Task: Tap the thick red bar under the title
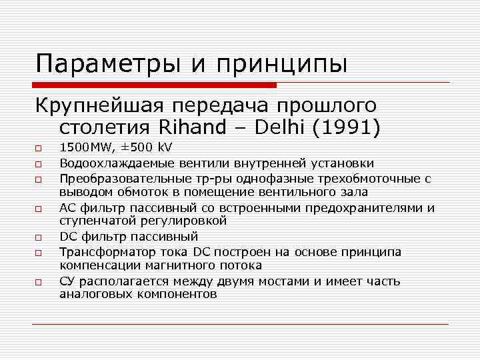154,85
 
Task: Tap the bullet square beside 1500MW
39,149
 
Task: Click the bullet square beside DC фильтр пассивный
39,237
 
